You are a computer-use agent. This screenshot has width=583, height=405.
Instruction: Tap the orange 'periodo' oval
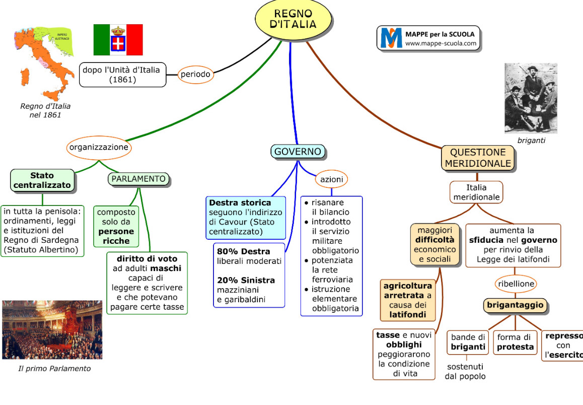(195, 75)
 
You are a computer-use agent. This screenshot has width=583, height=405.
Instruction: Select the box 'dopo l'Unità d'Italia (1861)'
(122, 75)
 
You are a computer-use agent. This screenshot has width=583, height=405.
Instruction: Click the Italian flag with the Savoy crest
(118, 40)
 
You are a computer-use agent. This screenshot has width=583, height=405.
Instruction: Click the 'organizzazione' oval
(99, 148)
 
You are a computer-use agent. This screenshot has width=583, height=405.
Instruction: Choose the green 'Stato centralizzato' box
(42, 181)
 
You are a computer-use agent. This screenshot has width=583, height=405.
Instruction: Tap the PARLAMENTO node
(138, 179)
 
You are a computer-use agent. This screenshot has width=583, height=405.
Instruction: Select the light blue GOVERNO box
(298, 152)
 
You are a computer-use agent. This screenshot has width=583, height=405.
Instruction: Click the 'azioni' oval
(331, 179)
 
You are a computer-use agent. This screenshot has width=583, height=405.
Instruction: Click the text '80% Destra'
(243, 251)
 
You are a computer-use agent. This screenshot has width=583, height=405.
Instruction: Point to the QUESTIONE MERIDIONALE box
(478, 158)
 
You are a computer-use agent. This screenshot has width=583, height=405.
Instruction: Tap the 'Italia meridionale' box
(476, 192)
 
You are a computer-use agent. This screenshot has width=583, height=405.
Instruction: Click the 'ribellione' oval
(516, 284)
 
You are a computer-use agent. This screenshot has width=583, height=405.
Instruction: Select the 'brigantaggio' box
(515, 305)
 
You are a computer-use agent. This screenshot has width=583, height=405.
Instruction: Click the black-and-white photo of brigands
(531, 98)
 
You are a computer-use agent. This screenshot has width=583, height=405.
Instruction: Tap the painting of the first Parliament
(52, 330)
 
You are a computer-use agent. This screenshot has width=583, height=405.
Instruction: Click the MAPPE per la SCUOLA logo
(428, 38)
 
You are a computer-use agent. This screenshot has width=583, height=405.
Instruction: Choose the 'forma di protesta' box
(515, 342)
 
